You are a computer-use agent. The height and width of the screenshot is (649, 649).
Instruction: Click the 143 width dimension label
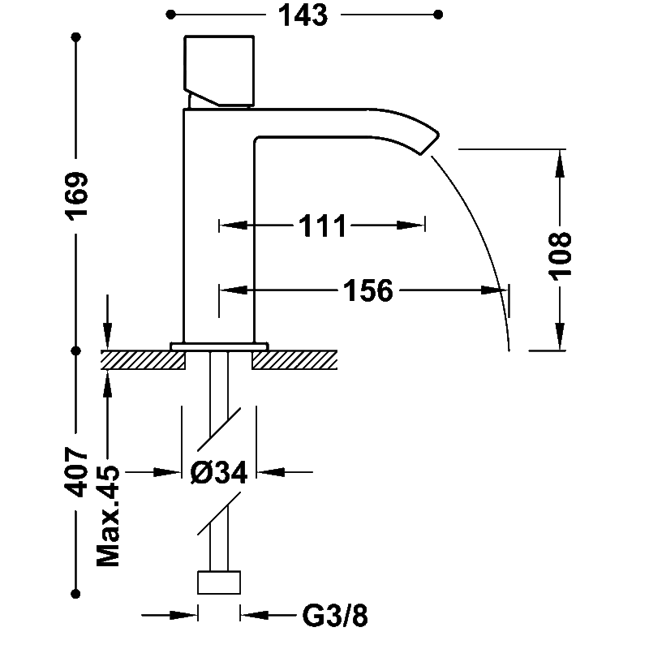click(x=303, y=15)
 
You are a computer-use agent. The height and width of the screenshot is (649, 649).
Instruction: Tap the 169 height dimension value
click(x=76, y=196)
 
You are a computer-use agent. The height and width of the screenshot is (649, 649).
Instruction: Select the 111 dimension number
click(x=322, y=226)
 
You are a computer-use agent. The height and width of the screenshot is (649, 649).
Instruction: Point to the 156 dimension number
click(x=368, y=290)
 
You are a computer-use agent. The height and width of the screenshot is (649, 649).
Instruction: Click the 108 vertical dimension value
click(x=560, y=256)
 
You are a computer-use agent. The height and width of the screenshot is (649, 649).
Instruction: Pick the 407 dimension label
click(x=76, y=472)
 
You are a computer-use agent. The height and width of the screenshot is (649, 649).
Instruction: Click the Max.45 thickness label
click(x=108, y=516)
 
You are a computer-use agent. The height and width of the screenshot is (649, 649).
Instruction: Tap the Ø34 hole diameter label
click(x=219, y=472)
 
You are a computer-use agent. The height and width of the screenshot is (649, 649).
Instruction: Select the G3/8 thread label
click(x=335, y=616)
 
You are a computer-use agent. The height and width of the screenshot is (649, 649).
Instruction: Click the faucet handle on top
click(x=219, y=71)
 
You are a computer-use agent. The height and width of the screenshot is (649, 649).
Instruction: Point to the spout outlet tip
click(x=429, y=144)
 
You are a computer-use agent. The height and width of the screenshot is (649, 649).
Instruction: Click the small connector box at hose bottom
click(x=219, y=582)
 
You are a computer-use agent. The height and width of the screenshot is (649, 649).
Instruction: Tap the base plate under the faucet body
click(x=219, y=346)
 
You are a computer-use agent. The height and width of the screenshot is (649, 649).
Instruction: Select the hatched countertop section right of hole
click(x=294, y=359)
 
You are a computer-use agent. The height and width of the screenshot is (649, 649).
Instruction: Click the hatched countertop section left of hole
click(x=144, y=359)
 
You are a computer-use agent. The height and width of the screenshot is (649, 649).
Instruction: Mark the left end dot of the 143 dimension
click(x=170, y=15)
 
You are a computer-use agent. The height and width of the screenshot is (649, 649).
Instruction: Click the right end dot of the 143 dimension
click(x=438, y=15)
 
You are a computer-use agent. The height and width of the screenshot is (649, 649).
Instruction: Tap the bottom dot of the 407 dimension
click(x=75, y=594)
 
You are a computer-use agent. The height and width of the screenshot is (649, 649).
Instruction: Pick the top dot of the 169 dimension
click(x=75, y=37)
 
